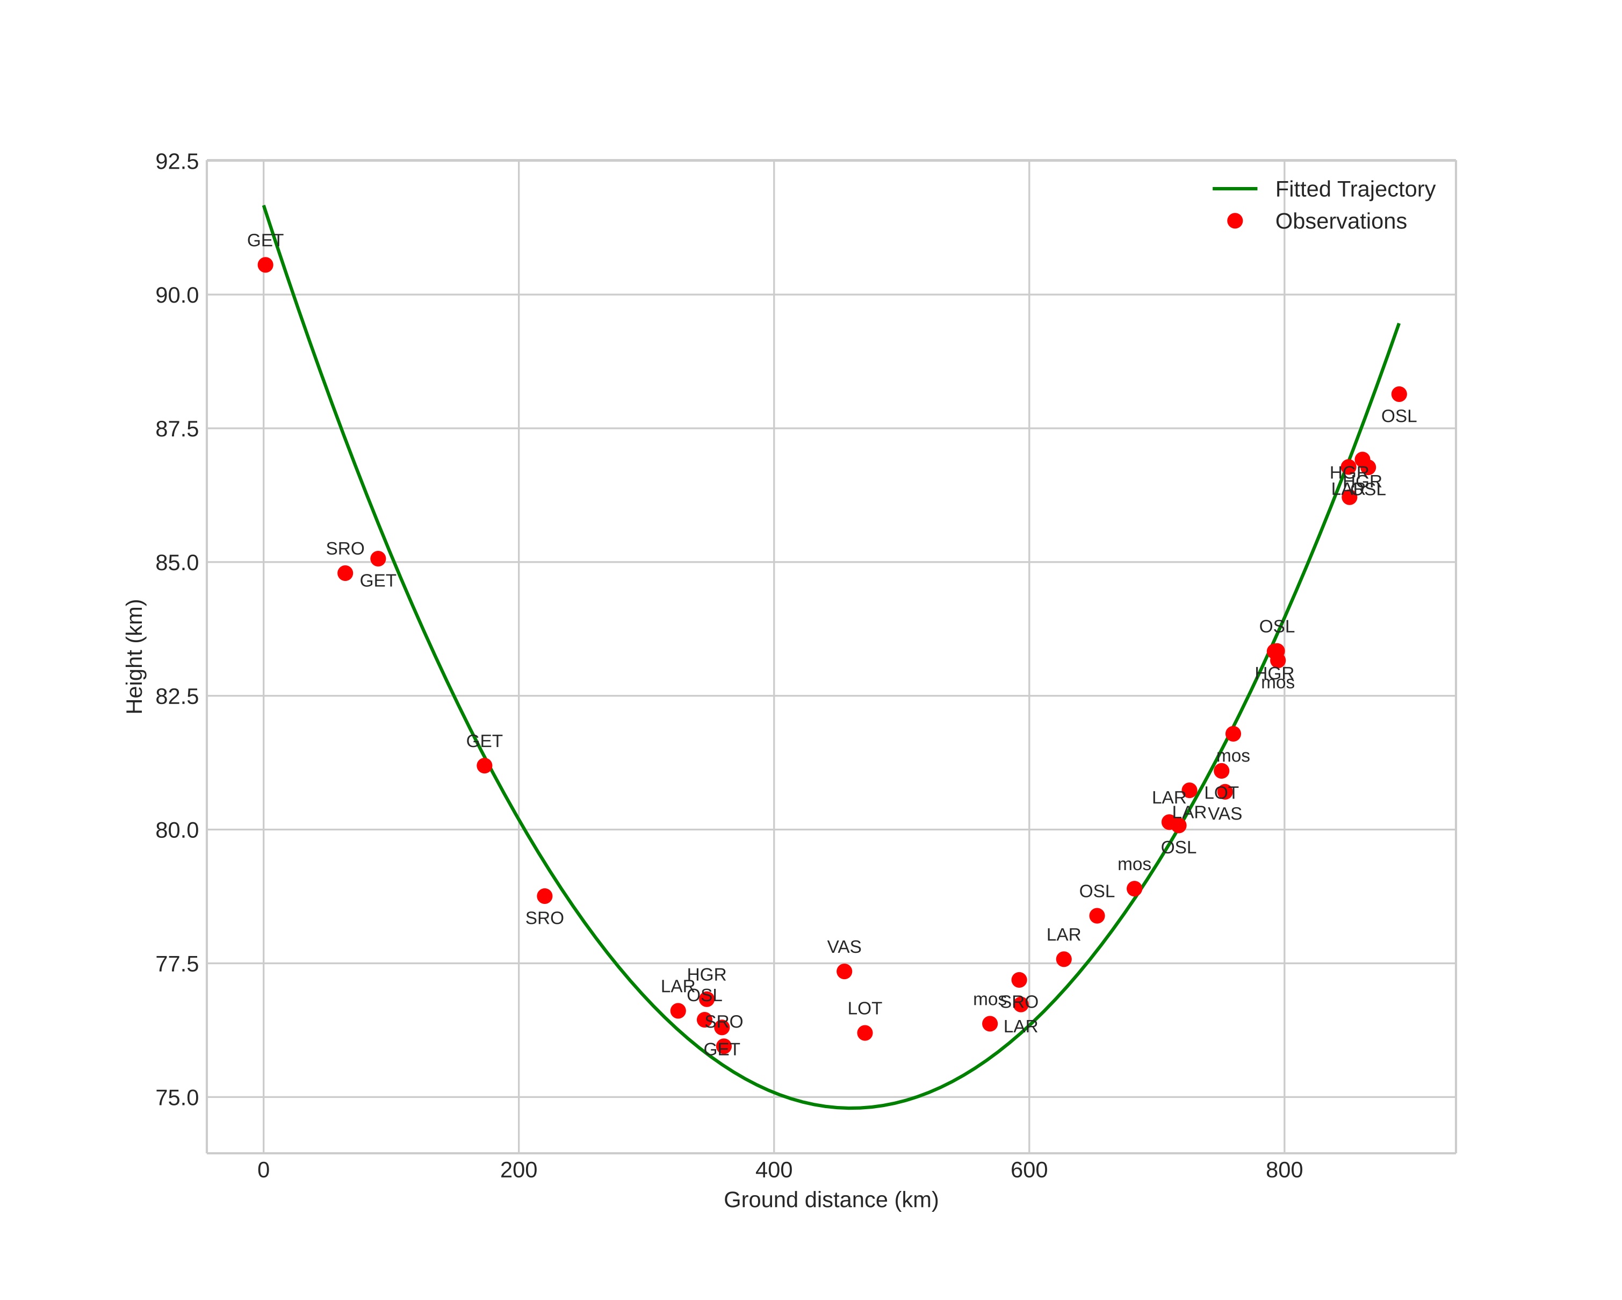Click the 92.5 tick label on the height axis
click(x=177, y=162)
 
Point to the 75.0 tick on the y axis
click(x=177, y=1097)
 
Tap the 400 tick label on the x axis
click(x=773, y=1170)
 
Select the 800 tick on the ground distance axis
click(x=1284, y=1170)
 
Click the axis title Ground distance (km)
click(x=831, y=1200)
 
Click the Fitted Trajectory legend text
click(x=1354, y=189)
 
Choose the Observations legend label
click(x=1340, y=221)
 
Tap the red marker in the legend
click(x=1235, y=220)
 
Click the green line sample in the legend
click(x=1235, y=189)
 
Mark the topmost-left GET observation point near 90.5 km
click(x=265, y=265)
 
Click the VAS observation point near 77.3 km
click(x=844, y=971)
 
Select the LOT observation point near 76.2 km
click(x=864, y=1033)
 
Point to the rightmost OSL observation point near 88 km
click(x=1398, y=394)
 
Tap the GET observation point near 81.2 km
click(x=485, y=766)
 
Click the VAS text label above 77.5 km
click(x=844, y=947)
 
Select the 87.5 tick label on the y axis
click(x=177, y=429)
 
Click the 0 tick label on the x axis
click(x=263, y=1170)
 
